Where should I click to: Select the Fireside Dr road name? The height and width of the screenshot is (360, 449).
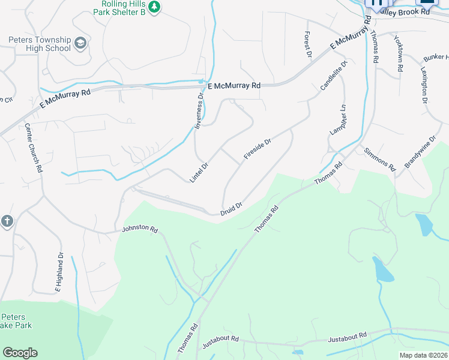coord(258,149)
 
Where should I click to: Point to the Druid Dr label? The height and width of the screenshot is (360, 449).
coord(231,208)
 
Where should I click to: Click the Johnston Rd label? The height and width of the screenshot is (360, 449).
coord(139,229)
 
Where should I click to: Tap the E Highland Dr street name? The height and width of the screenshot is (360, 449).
coord(59,273)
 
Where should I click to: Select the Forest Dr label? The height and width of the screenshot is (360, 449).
coord(309,44)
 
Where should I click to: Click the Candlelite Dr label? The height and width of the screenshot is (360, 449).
coord(334,75)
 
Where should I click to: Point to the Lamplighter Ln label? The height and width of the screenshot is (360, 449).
coord(338,120)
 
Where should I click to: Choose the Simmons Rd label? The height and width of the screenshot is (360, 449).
coord(379,158)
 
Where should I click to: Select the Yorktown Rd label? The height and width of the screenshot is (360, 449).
coord(397,54)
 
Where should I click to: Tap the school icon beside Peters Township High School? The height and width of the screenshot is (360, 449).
coord(80,43)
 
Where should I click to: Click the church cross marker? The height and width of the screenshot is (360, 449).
coord(7,221)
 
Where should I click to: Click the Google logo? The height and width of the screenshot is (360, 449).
coord(20,353)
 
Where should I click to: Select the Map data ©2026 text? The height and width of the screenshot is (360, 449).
coord(423,355)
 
